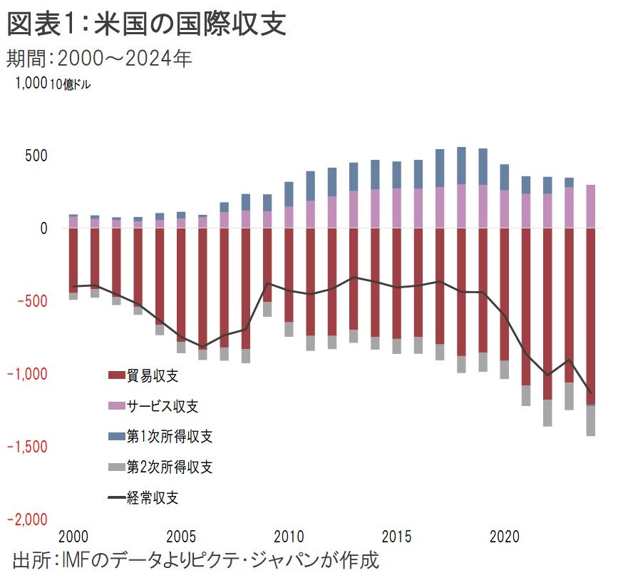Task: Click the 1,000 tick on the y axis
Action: click(x=31, y=83)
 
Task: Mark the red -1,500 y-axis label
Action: click(x=29, y=447)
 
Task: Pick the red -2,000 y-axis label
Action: click(x=29, y=519)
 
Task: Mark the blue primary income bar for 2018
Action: click(x=461, y=166)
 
